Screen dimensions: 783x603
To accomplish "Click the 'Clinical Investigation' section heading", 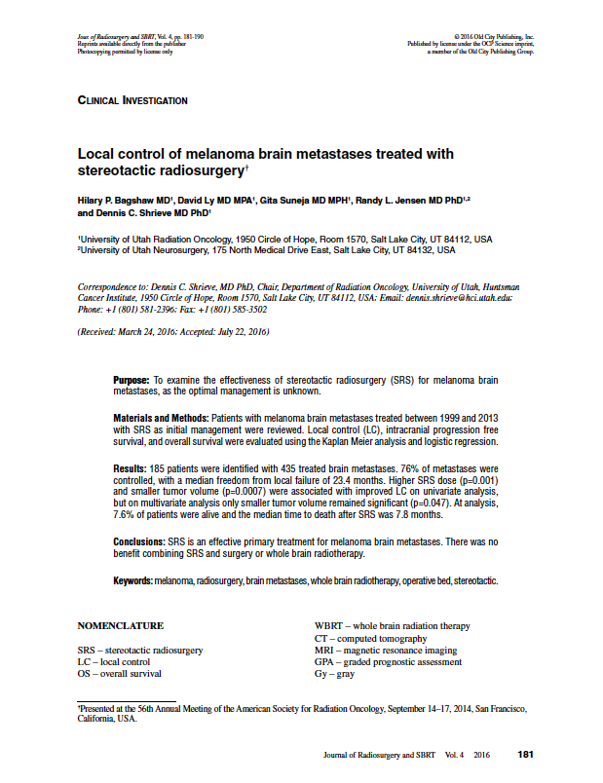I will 132,100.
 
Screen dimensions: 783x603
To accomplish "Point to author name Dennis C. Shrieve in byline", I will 146,212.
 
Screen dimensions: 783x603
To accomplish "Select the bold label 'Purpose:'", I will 131,378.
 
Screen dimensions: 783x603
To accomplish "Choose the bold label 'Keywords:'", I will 132,580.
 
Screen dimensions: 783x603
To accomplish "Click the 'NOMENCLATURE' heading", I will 120,625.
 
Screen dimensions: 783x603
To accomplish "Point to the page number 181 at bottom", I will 526,755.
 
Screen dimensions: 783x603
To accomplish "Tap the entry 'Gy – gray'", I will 336,674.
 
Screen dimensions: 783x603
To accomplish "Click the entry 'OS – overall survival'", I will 120,673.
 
